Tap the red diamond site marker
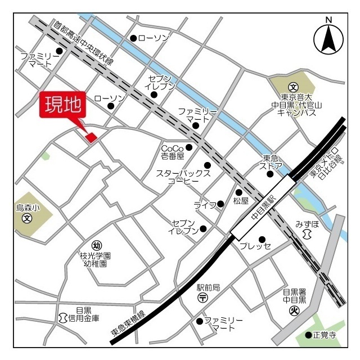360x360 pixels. pos(91,137)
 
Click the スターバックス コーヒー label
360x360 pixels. pos(183,177)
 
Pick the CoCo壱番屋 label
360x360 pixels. pos(173,151)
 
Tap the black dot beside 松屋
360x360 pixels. pos(238,192)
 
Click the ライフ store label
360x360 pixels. pos(204,205)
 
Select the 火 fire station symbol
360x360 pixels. pos(294,310)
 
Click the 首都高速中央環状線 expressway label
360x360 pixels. pos(84,43)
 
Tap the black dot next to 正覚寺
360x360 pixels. pos(308,335)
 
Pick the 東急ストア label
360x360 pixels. pos(272,162)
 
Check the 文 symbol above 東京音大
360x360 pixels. pos(292,87)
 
